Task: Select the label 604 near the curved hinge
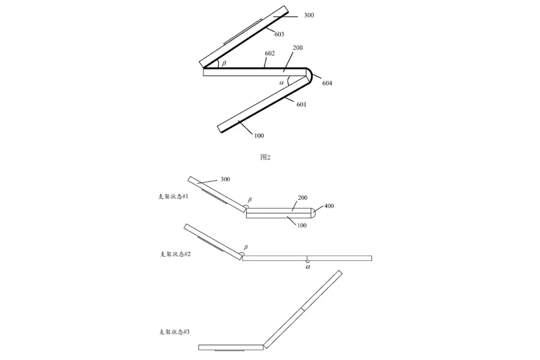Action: (327, 83)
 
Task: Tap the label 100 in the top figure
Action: (259, 136)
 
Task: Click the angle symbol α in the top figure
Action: (281, 82)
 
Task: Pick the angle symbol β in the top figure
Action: (224, 63)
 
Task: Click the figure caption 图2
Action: (266, 157)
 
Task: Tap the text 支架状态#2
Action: (175, 254)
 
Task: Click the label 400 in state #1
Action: (329, 206)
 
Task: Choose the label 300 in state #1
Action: (226, 179)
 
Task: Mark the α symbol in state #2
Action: (308, 268)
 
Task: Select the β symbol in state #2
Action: (246, 247)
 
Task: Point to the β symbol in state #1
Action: (250, 199)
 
